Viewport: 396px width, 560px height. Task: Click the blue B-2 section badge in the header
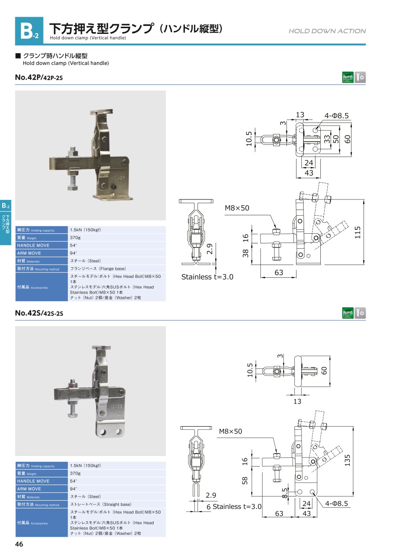coord(29,31)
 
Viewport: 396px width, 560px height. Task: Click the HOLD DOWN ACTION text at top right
coord(327,31)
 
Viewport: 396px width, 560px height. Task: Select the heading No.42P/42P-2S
coord(39,77)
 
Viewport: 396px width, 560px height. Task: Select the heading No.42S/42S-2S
coord(39,313)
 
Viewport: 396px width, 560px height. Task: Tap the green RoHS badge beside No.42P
coord(348,77)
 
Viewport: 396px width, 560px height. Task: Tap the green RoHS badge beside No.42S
coord(348,313)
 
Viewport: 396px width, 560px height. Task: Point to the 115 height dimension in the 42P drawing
coord(358,232)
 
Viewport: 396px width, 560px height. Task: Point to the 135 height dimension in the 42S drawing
coord(347,460)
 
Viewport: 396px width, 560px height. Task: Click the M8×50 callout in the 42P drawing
coord(237,208)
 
